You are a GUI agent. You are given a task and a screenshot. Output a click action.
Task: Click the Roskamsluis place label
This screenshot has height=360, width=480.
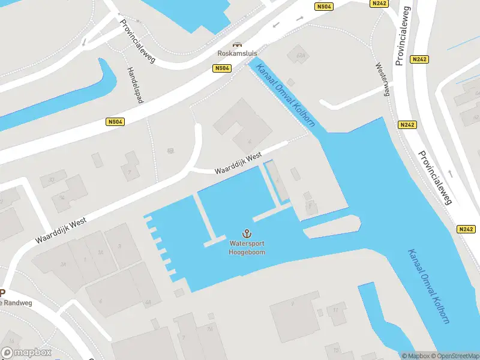237,53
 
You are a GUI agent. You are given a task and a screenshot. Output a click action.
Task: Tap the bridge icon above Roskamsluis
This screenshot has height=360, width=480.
238,44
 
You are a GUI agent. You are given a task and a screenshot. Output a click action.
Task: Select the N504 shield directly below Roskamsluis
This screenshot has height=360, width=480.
221,69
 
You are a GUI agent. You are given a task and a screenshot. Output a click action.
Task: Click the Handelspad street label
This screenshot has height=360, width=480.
136,85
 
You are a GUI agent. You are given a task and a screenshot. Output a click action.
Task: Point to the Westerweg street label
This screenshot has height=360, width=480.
383,79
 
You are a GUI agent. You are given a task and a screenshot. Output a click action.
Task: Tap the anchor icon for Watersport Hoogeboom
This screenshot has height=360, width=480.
246,233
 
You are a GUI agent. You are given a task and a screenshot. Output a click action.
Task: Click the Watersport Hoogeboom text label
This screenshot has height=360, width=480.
247,248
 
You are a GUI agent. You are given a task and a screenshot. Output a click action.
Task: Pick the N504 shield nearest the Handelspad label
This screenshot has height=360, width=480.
115,122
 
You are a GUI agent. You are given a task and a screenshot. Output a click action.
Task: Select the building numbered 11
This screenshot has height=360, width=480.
336,310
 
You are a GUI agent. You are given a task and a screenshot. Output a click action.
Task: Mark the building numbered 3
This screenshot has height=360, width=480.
120,246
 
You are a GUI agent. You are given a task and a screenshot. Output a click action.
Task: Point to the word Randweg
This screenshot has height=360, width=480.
18,303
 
